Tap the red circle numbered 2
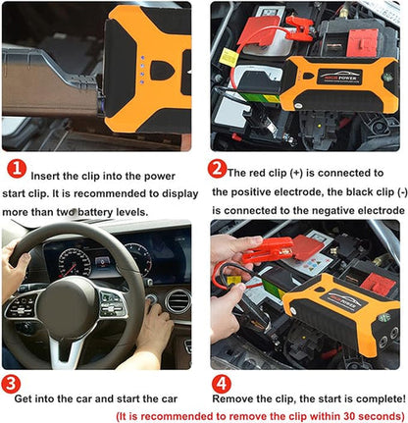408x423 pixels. click(x=218, y=168)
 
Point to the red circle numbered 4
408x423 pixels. click(x=223, y=383)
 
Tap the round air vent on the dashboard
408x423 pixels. click(x=178, y=299)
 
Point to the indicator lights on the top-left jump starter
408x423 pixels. click(x=143, y=68)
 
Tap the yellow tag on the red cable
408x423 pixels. click(x=228, y=58)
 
